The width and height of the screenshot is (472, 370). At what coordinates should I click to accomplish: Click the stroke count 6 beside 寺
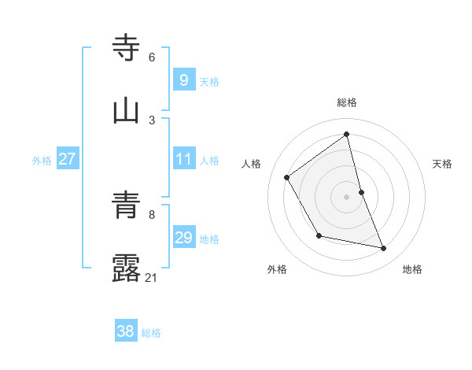pyautogui.click(x=152, y=57)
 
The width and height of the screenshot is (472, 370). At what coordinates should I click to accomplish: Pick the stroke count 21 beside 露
pyautogui.click(x=152, y=278)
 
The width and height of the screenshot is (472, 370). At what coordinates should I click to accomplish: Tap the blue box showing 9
pyautogui.click(x=183, y=80)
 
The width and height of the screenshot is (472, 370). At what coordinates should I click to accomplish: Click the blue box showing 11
pyautogui.click(x=183, y=159)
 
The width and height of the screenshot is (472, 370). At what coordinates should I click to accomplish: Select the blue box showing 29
pyautogui.click(x=183, y=238)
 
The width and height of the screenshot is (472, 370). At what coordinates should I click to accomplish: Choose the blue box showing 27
pyautogui.click(x=67, y=159)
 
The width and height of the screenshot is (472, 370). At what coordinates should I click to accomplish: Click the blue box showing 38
pyautogui.click(x=125, y=331)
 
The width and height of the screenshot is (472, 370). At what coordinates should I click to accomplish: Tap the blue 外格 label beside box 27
pyautogui.click(x=42, y=161)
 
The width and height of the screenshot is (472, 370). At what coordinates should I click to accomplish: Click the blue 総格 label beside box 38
pyautogui.click(x=151, y=333)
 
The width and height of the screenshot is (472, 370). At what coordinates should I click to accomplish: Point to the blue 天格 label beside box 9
pyautogui.click(x=209, y=81)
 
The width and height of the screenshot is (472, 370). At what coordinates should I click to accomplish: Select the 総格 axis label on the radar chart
pyautogui.click(x=347, y=102)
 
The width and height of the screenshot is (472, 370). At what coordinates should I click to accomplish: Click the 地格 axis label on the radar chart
pyautogui.click(x=412, y=270)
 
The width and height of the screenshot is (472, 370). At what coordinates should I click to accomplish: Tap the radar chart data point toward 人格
pyautogui.click(x=287, y=177)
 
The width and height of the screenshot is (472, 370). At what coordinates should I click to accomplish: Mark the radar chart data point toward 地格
pyautogui.click(x=384, y=249)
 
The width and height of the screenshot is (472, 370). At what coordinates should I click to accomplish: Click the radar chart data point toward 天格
pyautogui.click(x=361, y=192)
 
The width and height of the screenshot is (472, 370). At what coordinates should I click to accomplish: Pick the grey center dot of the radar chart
pyautogui.click(x=346, y=197)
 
